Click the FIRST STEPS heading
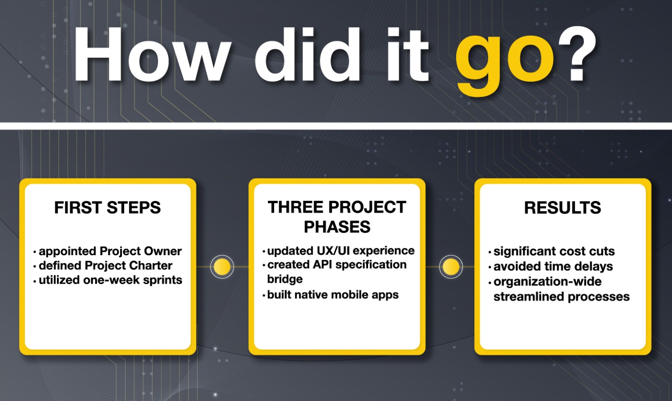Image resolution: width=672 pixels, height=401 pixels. (x=107, y=208)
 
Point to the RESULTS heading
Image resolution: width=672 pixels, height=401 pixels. (x=563, y=208)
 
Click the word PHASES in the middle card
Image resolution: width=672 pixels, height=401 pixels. (x=337, y=227)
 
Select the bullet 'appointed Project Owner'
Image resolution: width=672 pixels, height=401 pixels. (x=107, y=251)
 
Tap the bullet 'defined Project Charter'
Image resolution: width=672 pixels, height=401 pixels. (x=103, y=266)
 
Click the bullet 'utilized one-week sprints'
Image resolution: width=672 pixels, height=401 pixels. (x=108, y=280)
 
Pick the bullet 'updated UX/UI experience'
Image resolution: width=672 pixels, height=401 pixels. (x=339, y=251)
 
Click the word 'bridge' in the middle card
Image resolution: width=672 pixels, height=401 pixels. (x=285, y=279)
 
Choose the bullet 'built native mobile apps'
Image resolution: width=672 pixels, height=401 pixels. (x=331, y=294)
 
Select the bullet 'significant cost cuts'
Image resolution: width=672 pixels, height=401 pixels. (x=551, y=252)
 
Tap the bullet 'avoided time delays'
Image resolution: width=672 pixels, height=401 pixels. (x=551, y=266)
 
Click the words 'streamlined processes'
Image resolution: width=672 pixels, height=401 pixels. (x=562, y=297)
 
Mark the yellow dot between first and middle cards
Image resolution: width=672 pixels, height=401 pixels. (x=222, y=266)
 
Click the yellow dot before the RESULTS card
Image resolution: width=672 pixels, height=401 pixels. (x=451, y=266)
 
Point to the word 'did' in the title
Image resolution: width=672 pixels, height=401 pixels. (x=308, y=54)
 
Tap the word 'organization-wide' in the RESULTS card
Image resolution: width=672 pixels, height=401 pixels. (x=547, y=282)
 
